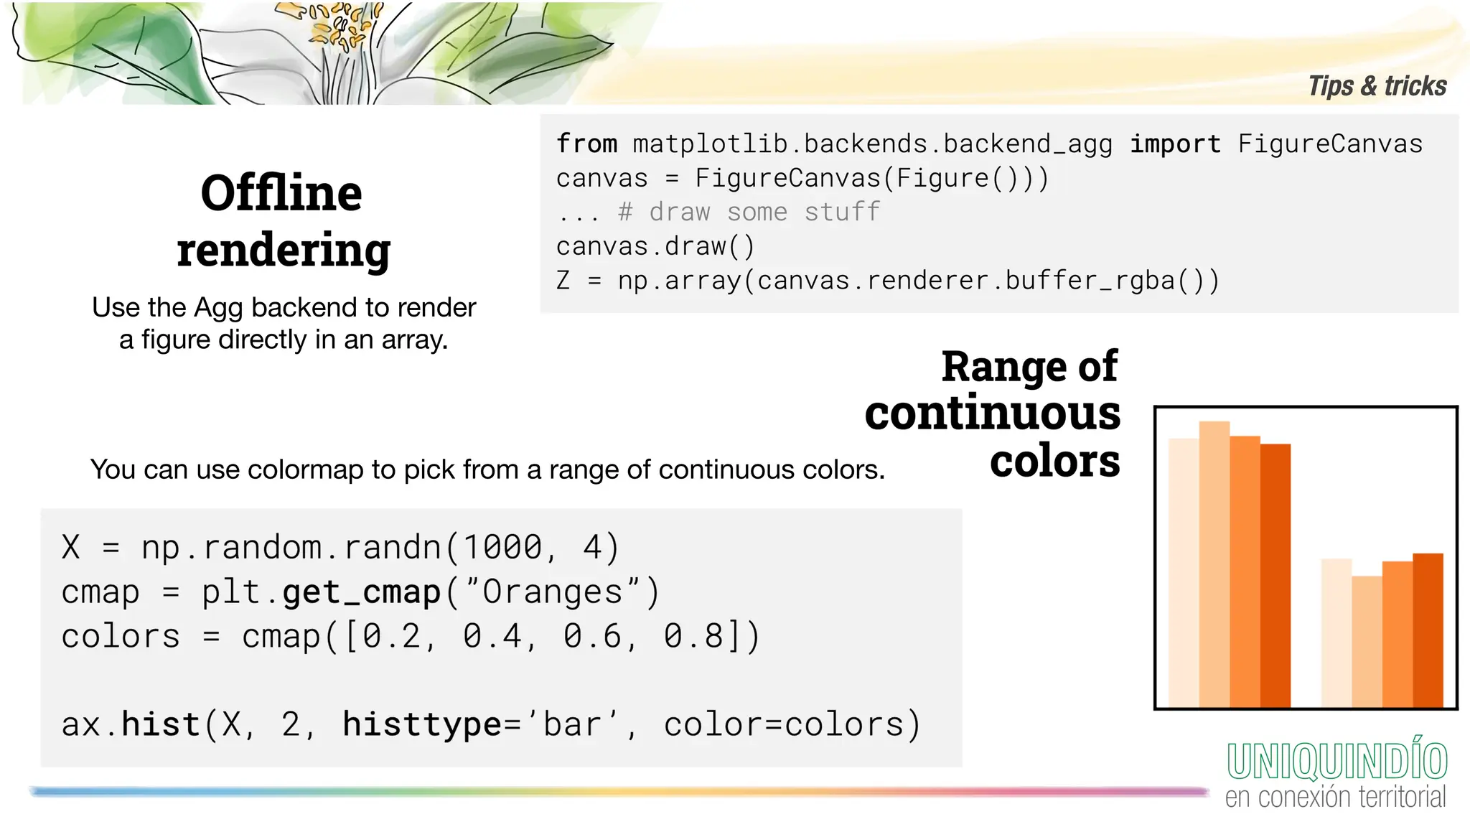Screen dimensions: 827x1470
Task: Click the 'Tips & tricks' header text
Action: point(1377,86)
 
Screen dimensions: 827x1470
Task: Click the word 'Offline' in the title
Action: point(281,193)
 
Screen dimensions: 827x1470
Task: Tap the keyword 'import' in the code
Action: point(1175,144)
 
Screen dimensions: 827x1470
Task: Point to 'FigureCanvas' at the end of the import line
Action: point(1330,144)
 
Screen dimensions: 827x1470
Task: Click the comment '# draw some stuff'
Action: point(749,212)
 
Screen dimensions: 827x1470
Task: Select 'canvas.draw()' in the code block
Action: point(655,247)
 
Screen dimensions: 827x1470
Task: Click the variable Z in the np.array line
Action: point(563,281)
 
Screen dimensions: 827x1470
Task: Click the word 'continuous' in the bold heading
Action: point(992,413)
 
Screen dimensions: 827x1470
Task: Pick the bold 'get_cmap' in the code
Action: point(361,592)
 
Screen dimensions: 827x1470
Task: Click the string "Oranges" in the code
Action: point(552,592)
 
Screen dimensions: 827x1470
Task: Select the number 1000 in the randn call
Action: point(502,548)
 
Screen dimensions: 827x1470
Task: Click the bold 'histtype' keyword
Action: point(421,724)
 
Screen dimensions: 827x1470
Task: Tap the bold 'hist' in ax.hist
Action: point(160,724)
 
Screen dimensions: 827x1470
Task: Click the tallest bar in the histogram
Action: point(1214,564)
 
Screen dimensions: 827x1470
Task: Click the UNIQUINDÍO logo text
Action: point(1336,761)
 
